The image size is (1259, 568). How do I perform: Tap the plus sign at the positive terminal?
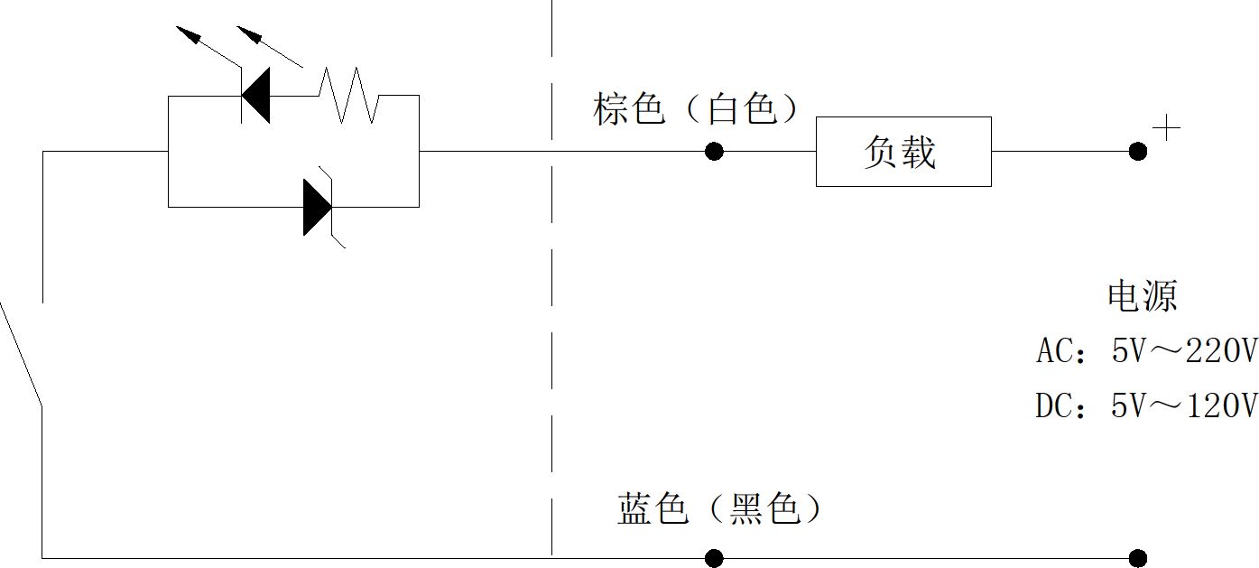coord(1166,127)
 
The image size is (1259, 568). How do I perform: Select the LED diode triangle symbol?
coord(255,95)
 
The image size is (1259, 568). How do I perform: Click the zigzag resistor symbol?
coord(348,95)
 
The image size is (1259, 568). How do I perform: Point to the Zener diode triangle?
coord(318,208)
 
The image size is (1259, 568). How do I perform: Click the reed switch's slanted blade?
coord(21,353)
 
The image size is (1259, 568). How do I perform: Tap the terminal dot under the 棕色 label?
coord(714,152)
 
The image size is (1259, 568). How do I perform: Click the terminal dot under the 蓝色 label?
coord(714,558)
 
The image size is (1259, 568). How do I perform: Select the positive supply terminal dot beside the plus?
coord(1137,152)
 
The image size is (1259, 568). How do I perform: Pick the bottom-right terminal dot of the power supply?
coord(1137,558)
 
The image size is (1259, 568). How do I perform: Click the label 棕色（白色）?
coord(696,108)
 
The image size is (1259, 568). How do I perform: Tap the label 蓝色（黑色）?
coord(719,509)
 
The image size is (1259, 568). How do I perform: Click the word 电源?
coord(1142,296)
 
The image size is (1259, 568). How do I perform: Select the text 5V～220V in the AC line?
coord(1184,351)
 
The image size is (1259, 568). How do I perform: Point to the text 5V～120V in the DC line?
coord(1184,405)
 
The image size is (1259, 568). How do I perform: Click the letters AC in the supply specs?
coord(1052,351)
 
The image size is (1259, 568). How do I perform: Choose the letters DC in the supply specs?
coord(1052,405)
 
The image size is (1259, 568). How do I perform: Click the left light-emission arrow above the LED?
coord(208,46)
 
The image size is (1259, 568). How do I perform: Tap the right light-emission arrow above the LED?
coord(270,46)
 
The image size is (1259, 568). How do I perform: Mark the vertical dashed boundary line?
coord(552,278)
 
